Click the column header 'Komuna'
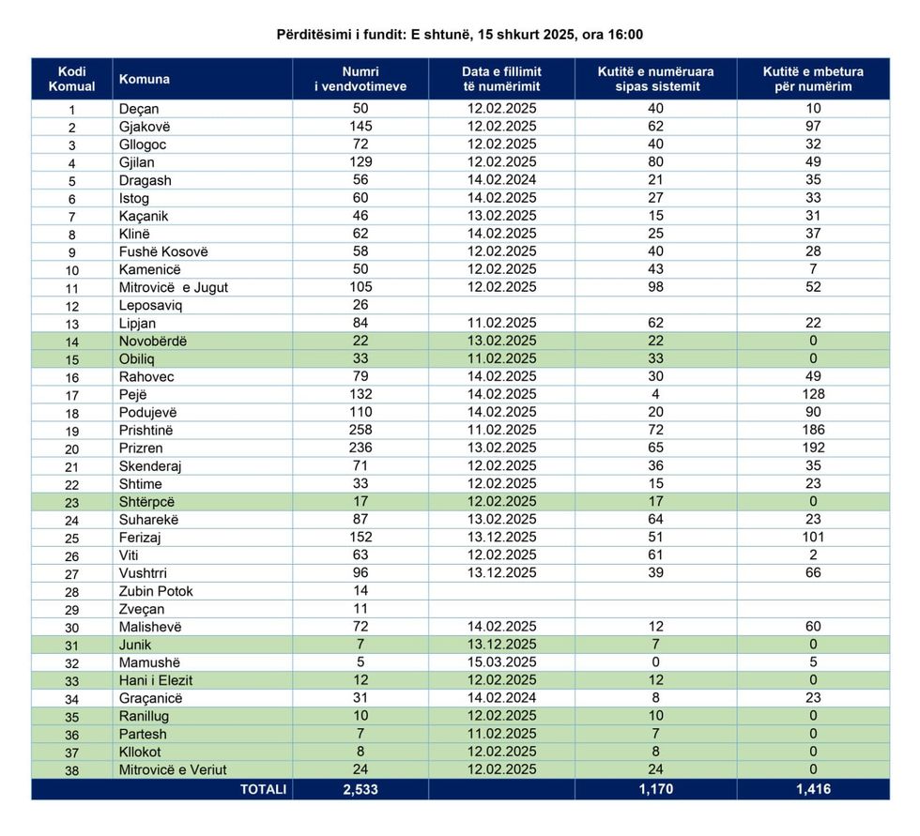tap(145, 80)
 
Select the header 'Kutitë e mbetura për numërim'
tap(813, 79)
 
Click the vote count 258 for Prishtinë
tap(360, 430)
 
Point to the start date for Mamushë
tap(501, 662)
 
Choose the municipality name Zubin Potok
tap(156, 591)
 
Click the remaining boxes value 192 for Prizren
tap(813, 448)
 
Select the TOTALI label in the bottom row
tap(263, 789)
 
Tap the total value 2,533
tap(360, 789)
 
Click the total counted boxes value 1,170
tap(655, 789)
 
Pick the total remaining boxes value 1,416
tap(813, 789)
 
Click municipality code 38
tap(71, 770)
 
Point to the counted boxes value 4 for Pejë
tap(655, 394)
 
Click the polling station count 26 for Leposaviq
tap(360, 305)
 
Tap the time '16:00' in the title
tap(626, 35)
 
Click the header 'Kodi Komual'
tap(71, 79)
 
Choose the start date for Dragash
tap(501, 180)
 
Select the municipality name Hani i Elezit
tap(156, 680)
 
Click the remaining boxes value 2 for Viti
tap(813, 555)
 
